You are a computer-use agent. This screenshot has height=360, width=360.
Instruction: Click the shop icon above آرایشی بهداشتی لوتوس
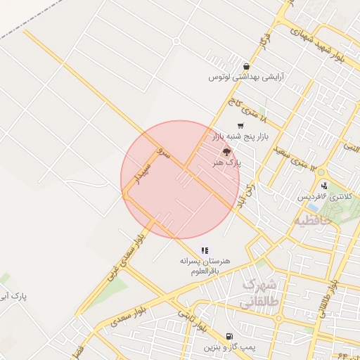tap(245, 66)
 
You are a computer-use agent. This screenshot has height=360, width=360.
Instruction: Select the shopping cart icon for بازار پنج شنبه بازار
tap(241, 126)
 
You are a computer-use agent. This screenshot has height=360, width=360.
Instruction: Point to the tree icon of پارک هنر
tap(226, 151)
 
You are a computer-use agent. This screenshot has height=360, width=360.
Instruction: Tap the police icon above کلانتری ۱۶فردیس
tap(324, 186)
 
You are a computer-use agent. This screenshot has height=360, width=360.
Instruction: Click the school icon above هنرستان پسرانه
tap(205, 250)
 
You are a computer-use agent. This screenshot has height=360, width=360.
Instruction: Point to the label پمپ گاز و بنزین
tap(228, 347)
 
